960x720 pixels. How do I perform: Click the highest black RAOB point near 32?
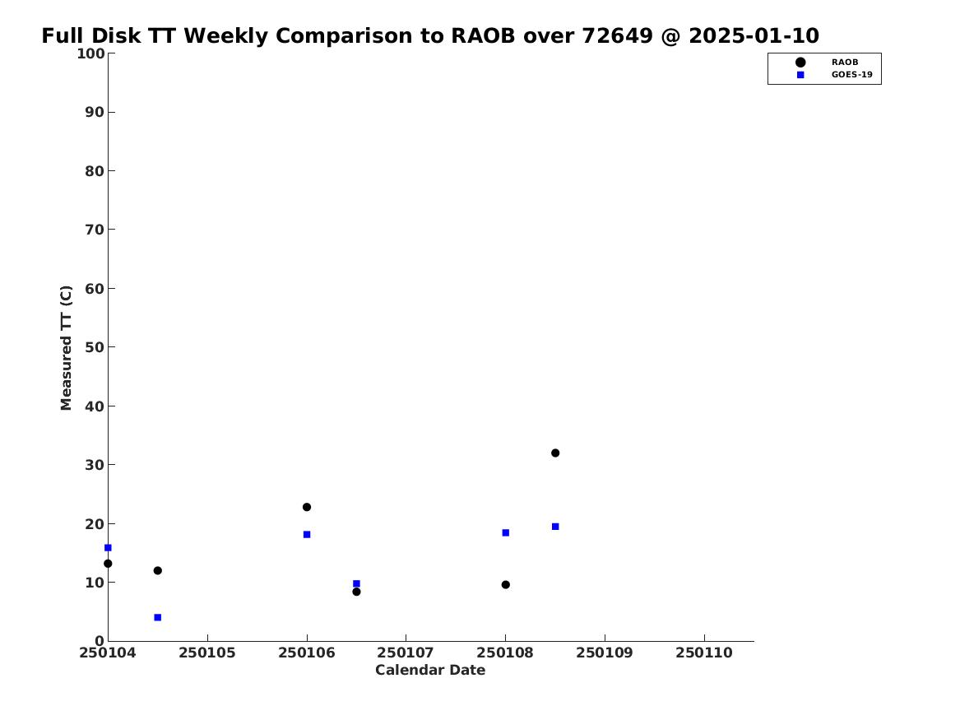pos(555,453)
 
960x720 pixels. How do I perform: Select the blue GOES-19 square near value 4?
pos(157,617)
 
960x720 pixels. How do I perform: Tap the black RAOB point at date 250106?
pos(307,507)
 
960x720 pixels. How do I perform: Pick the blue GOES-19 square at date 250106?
pos(307,535)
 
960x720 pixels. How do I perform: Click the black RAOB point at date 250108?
pos(506,585)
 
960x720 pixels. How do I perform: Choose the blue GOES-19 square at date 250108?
pos(506,532)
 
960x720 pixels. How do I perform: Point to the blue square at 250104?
pos(108,547)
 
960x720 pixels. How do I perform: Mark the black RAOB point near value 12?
pos(157,570)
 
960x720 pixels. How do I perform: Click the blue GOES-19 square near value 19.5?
pos(555,527)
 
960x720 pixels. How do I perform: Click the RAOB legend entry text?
pos(845,62)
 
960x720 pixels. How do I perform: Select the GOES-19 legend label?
pos(851,75)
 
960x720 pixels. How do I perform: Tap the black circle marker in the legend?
pos(800,62)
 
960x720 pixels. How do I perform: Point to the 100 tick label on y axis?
pos(90,53)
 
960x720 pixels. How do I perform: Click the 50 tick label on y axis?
pos(95,347)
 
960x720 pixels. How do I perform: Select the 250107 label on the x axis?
pos(406,653)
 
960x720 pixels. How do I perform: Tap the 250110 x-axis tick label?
pos(704,653)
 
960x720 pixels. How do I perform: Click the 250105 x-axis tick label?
pos(207,653)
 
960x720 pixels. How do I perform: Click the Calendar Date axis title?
pos(430,671)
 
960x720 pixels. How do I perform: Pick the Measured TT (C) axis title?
pos(66,348)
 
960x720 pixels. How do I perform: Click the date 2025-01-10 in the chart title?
pos(754,36)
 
